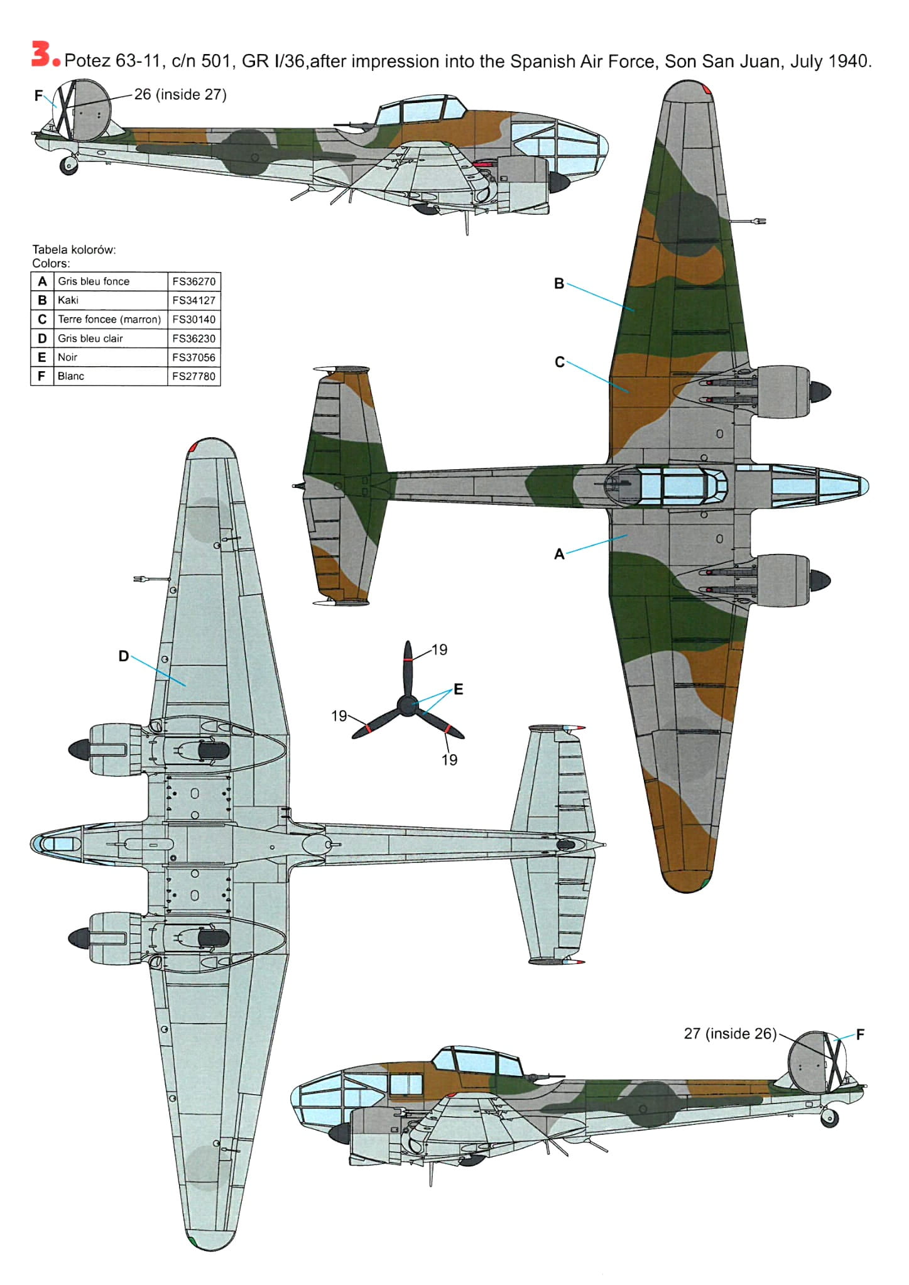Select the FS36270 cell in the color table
193,281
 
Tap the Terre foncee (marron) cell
109,319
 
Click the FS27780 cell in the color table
193,376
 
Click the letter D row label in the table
42,339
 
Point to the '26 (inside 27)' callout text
180,94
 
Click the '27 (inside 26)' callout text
730,1034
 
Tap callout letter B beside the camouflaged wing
559,283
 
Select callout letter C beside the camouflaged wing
560,362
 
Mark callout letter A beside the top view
559,554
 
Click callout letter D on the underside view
124,656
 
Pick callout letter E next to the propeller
459,689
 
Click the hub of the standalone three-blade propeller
408,705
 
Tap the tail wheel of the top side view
68,165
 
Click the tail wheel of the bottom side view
830,1118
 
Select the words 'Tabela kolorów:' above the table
74,249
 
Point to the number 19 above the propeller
440,649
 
